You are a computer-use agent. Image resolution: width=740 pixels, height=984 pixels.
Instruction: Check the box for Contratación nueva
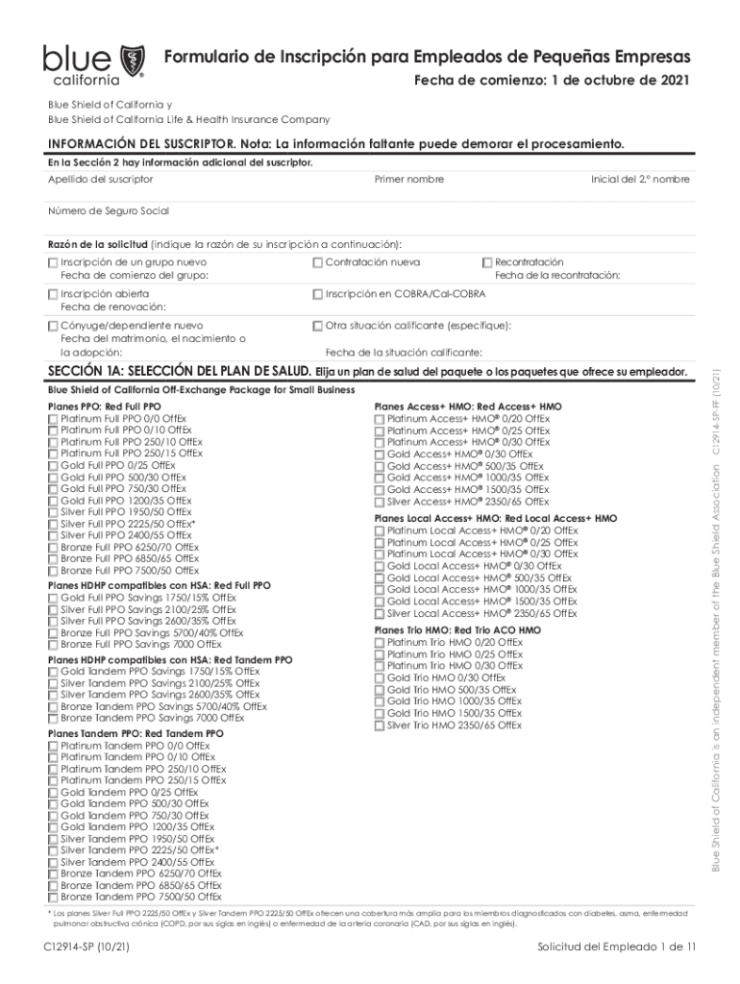click(318, 262)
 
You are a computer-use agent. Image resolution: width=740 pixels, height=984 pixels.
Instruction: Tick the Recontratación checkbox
click(486, 262)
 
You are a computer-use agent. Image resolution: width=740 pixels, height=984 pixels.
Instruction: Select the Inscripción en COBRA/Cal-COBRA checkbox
click(318, 293)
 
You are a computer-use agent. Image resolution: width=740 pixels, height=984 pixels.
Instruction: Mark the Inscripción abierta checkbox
click(53, 293)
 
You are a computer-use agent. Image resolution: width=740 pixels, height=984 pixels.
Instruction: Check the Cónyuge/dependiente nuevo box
click(53, 326)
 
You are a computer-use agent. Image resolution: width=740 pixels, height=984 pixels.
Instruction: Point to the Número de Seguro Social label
click(109, 210)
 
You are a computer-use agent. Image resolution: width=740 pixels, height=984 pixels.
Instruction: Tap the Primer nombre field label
click(408, 180)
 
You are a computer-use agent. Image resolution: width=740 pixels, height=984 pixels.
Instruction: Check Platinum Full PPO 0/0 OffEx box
click(53, 419)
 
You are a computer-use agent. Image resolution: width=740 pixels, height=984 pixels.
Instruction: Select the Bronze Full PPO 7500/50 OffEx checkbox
click(53, 571)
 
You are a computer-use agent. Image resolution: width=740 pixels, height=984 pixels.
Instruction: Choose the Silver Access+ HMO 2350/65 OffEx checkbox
click(380, 502)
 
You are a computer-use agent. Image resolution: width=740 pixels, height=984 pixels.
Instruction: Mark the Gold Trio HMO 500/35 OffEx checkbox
click(380, 690)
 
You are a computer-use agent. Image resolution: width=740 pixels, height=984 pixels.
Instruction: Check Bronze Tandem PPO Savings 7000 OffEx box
click(53, 718)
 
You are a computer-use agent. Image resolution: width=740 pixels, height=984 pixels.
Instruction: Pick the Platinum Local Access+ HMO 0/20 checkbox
click(380, 530)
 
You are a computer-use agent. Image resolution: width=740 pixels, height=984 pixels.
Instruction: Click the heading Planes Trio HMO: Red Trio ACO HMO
click(456, 630)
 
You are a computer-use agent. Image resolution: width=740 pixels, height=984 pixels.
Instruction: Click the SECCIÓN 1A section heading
click(178, 372)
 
